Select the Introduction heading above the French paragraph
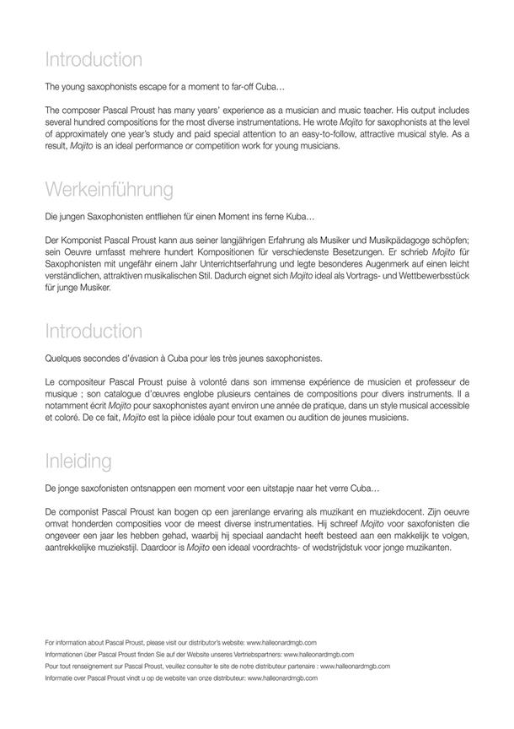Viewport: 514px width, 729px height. pos(94,330)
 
